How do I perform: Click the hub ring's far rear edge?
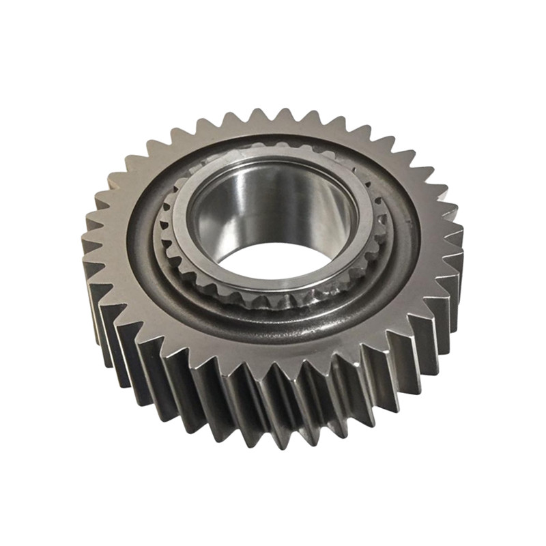[273, 152]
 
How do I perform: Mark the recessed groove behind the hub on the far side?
[273, 139]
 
